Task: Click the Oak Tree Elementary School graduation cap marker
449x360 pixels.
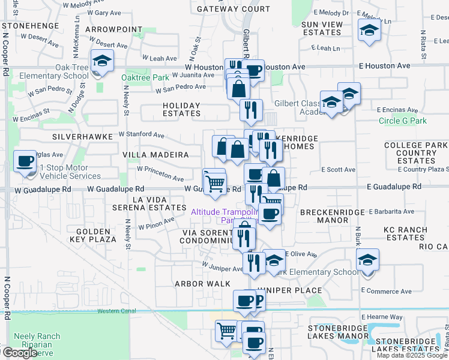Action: (x=103, y=61)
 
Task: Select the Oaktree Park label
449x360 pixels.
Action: (x=145, y=78)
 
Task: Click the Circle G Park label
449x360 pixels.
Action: (x=403, y=121)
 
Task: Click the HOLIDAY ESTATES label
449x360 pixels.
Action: (x=181, y=109)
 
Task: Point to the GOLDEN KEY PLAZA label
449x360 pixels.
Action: (x=93, y=235)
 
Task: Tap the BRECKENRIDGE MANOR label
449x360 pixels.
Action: (x=329, y=217)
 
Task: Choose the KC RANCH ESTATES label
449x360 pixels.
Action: (x=405, y=233)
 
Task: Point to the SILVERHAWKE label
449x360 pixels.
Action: (x=82, y=137)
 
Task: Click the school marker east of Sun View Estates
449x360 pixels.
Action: (x=369, y=31)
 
